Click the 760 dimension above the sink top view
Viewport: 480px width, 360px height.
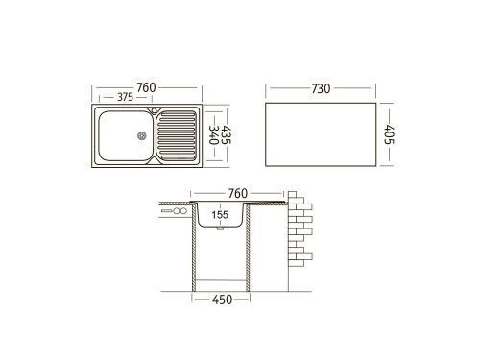coord(146,87)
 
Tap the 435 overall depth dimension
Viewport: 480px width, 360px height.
coord(228,137)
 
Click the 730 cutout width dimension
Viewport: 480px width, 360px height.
coord(321,89)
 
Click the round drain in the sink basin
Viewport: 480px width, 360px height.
coord(142,135)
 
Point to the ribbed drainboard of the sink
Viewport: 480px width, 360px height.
coord(179,137)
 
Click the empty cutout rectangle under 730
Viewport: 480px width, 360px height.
coord(320,137)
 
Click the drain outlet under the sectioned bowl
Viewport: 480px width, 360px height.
coord(221,231)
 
